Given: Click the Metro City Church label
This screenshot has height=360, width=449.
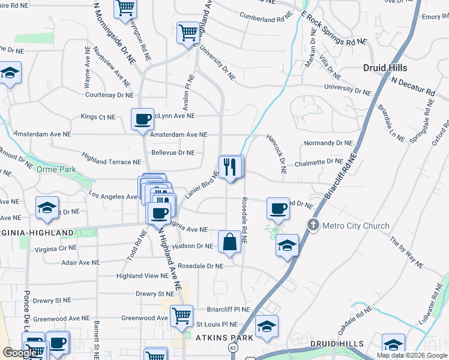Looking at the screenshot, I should [x=356, y=226].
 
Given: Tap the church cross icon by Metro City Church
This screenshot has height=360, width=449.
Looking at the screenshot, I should [x=313, y=226].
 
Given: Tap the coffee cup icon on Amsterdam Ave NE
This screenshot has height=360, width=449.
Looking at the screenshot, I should [x=142, y=119].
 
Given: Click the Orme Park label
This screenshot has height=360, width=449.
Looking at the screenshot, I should [x=56, y=170].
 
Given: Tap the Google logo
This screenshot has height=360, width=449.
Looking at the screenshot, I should [x=20, y=353].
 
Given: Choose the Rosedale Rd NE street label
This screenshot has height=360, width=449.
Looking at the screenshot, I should [x=244, y=220].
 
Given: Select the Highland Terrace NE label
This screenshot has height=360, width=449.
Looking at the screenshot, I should [x=112, y=162].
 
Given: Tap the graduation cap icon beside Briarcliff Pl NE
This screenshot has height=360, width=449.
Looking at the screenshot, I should [x=267, y=326].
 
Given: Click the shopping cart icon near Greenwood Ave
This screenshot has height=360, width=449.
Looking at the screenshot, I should [x=181, y=316].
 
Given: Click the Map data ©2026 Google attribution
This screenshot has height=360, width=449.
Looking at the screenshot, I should [x=412, y=355].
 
